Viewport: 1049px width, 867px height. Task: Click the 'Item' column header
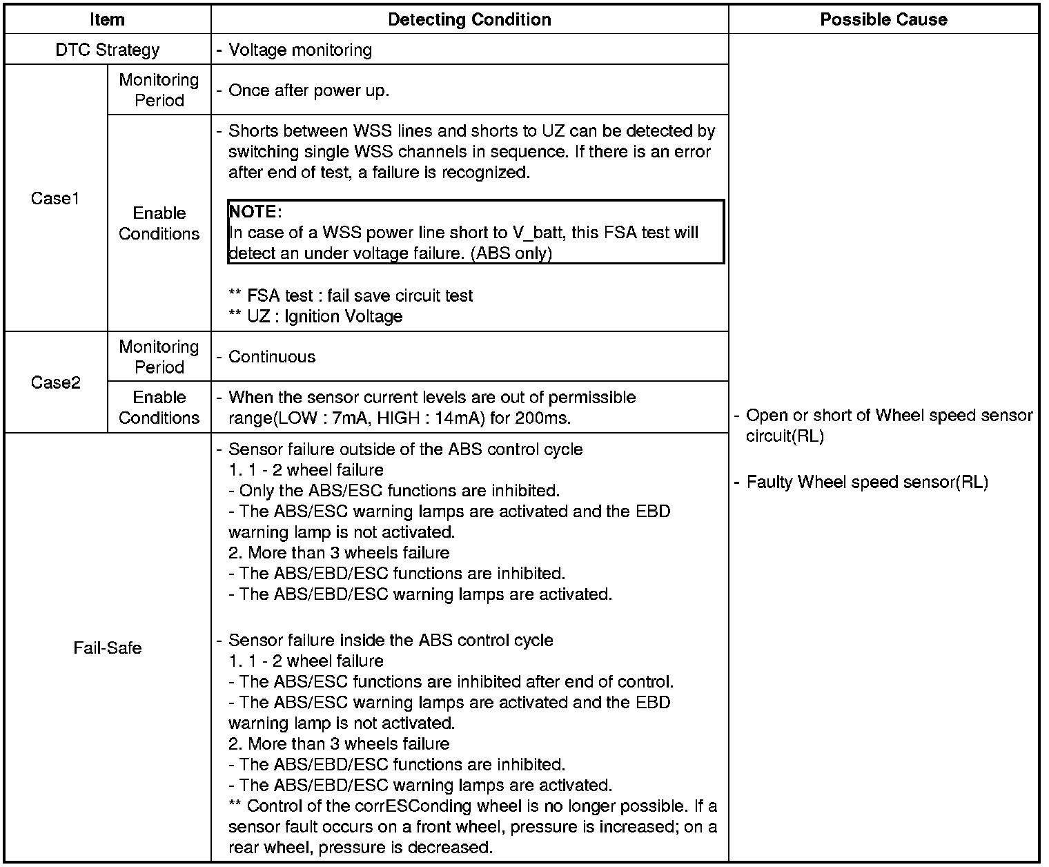click(x=107, y=19)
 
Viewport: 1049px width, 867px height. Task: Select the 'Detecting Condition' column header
click(x=469, y=19)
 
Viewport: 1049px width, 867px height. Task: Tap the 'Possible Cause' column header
click(x=883, y=19)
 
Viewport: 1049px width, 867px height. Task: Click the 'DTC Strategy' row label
click(x=107, y=50)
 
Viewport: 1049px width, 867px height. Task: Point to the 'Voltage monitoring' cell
click(x=300, y=50)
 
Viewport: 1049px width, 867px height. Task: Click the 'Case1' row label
click(x=55, y=199)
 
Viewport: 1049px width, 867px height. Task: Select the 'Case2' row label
click(x=55, y=382)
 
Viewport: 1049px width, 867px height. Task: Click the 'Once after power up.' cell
click(x=308, y=90)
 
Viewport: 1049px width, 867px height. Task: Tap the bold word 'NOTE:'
click(x=255, y=212)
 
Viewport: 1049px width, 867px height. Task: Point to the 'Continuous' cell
click(x=271, y=357)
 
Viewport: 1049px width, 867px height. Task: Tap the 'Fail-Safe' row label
click(x=107, y=647)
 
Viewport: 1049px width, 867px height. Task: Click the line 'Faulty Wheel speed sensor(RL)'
click(x=867, y=482)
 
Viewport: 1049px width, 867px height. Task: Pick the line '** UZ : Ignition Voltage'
click(x=315, y=316)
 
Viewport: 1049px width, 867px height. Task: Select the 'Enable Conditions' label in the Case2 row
click(x=159, y=407)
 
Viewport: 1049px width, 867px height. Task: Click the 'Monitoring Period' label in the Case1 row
click(x=159, y=90)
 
